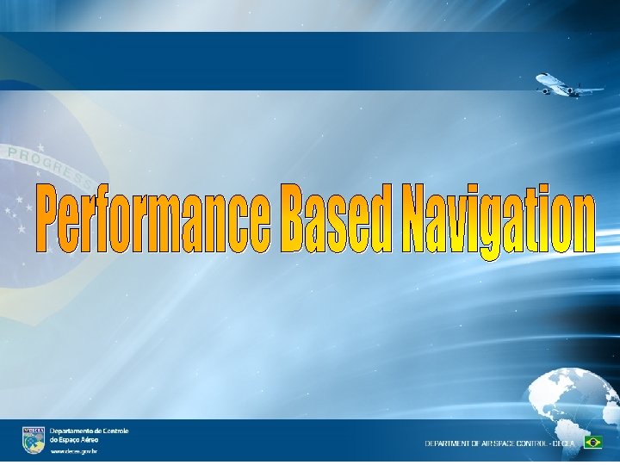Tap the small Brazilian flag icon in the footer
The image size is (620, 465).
592,442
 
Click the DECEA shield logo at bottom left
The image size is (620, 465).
34,440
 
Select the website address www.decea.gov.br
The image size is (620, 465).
73,451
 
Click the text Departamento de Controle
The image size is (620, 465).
89,430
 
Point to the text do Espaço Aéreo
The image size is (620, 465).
74,438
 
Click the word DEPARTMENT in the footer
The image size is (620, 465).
448,443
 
